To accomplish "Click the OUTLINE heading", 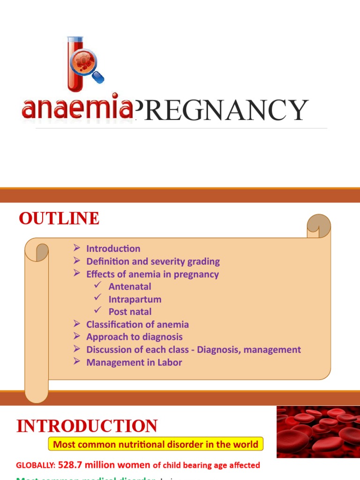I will tap(59, 219).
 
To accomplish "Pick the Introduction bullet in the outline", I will tap(113, 249).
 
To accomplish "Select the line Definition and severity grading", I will tap(153, 262).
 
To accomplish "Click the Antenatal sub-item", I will tap(130, 286).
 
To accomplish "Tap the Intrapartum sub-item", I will tap(135, 299).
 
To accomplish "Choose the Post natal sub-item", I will tap(130, 312).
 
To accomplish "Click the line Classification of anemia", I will tap(137, 324).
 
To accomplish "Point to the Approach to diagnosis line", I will tap(135, 337).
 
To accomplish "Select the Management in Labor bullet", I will tap(134, 362).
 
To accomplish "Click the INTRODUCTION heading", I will tap(87, 426).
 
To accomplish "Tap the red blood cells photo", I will tap(318, 432).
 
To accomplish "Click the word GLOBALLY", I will tap(35, 465).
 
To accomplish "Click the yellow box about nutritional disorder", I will tap(156, 444).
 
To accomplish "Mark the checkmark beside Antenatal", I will tap(97, 286).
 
